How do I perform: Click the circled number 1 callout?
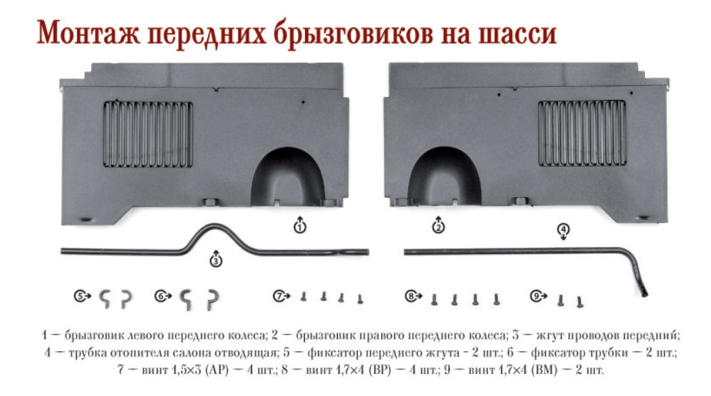coord(299,226)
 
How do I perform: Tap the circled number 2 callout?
coord(438,226)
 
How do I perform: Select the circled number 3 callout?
coord(216,260)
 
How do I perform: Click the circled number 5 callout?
coord(80,296)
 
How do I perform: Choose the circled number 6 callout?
coord(160,296)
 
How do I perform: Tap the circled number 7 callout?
coord(279,296)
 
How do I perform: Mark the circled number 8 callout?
coord(411,296)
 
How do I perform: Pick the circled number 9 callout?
coord(536,296)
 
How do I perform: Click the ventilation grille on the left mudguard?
coord(148,134)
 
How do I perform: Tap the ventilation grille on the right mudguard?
coord(582,133)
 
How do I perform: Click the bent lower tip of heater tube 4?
coord(644,291)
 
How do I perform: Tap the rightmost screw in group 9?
coord(580,302)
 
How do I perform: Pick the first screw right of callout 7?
coord(304,297)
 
